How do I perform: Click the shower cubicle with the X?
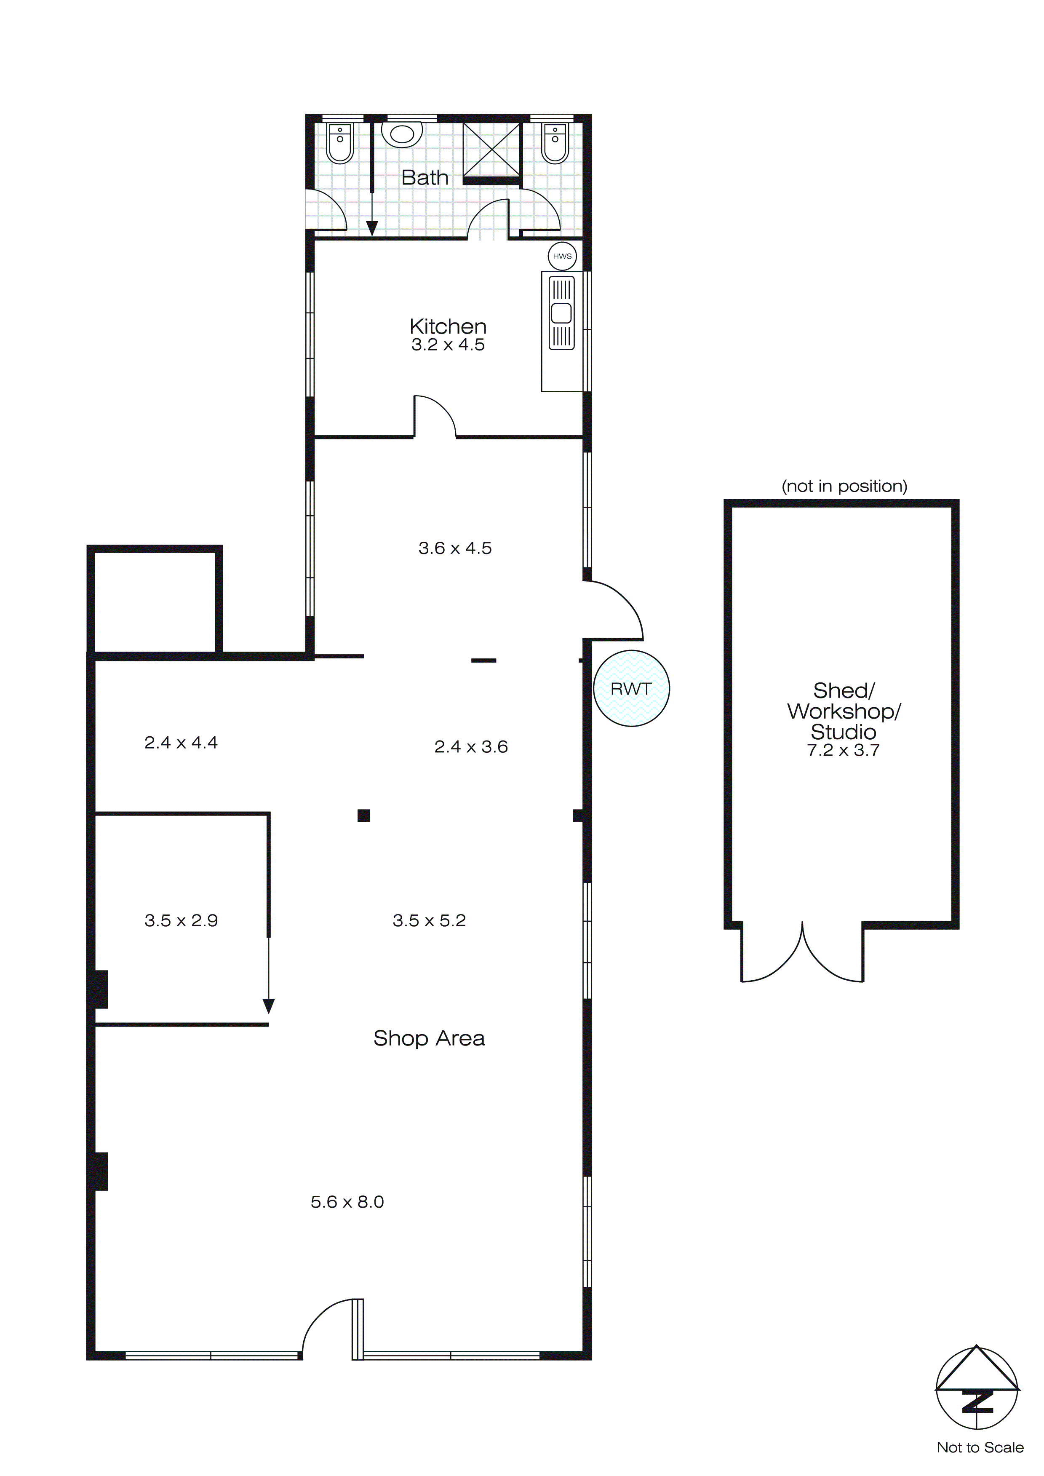point(491,149)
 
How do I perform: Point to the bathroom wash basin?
point(402,134)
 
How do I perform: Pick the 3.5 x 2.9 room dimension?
point(181,920)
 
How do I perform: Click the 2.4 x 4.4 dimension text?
point(181,743)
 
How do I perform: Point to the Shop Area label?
point(429,1038)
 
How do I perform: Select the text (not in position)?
point(844,486)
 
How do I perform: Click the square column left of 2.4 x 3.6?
point(364,816)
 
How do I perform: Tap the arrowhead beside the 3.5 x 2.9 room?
point(269,1005)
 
